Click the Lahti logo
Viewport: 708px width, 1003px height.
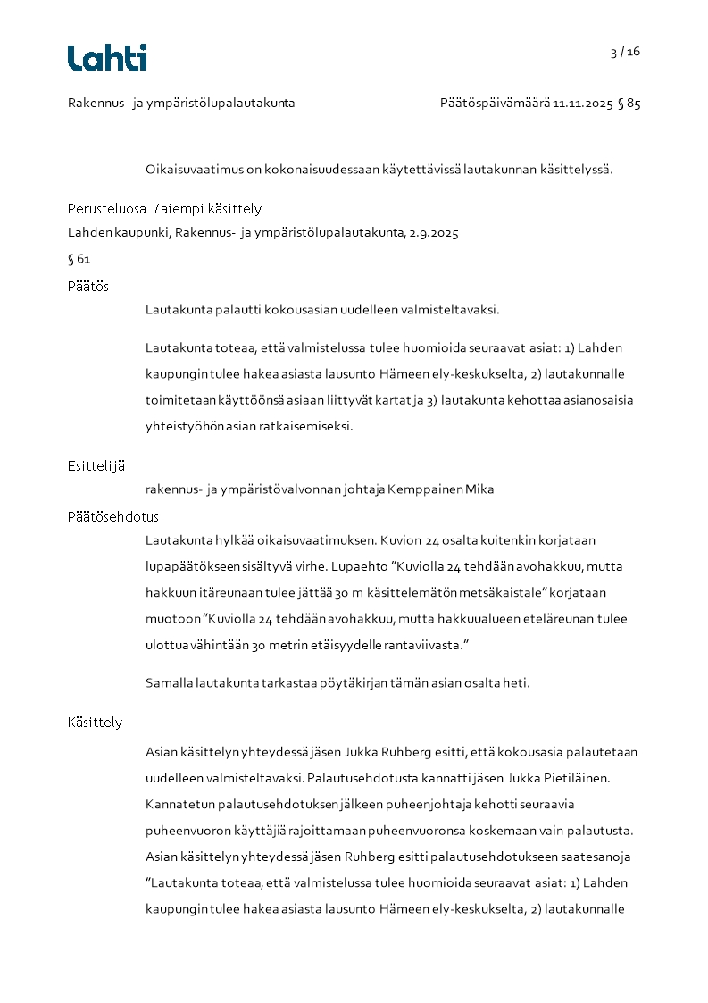pos(107,58)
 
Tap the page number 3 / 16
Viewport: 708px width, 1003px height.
pos(625,52)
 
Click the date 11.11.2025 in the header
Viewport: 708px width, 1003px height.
pos(582,104)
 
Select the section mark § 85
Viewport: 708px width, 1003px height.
pos(629,104)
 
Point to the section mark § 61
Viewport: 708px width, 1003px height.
pos(79,260)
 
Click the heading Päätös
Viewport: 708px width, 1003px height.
pos(88,286)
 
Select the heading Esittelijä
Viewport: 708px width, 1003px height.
pos(96,465)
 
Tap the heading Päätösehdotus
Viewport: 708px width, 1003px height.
pos(113,516)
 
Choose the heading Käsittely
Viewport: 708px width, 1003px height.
pos(95,722)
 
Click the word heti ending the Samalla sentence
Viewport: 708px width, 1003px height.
pos(518,683)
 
